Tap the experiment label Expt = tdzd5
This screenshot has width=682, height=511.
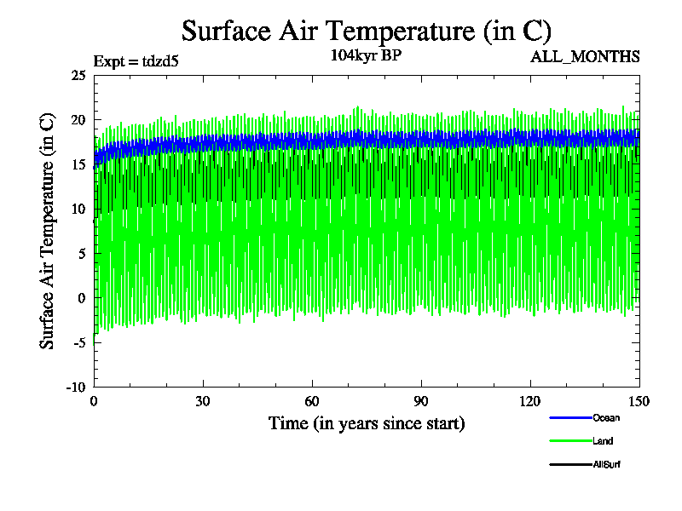point(136,60)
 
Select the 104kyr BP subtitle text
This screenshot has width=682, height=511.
point(366,55)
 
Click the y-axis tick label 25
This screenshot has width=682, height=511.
point(78,76)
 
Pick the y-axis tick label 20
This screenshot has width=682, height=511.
point(78,120)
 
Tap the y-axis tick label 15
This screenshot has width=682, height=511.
point(78,164)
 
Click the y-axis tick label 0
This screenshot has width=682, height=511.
point(81,298)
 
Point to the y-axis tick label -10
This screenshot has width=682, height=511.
point(76,387)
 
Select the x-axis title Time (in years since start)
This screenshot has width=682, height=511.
point(367,423)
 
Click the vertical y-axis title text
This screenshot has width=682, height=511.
point(48,231)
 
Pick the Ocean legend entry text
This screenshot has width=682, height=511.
point(606,417)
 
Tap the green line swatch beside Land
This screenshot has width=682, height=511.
point(570,441)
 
